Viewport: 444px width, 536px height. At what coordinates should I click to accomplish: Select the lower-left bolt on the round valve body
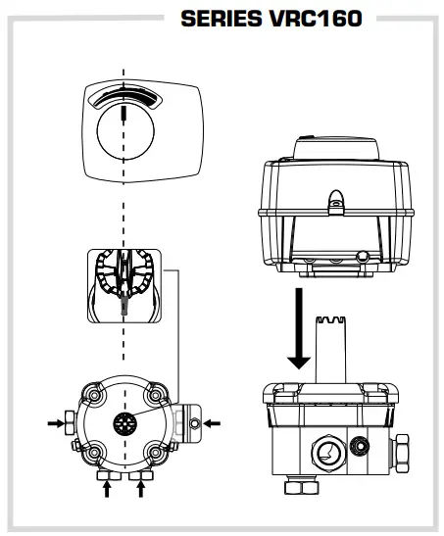[x=96, y=454]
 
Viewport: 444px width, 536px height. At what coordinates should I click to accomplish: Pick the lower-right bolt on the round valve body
[x=155, y=454]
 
